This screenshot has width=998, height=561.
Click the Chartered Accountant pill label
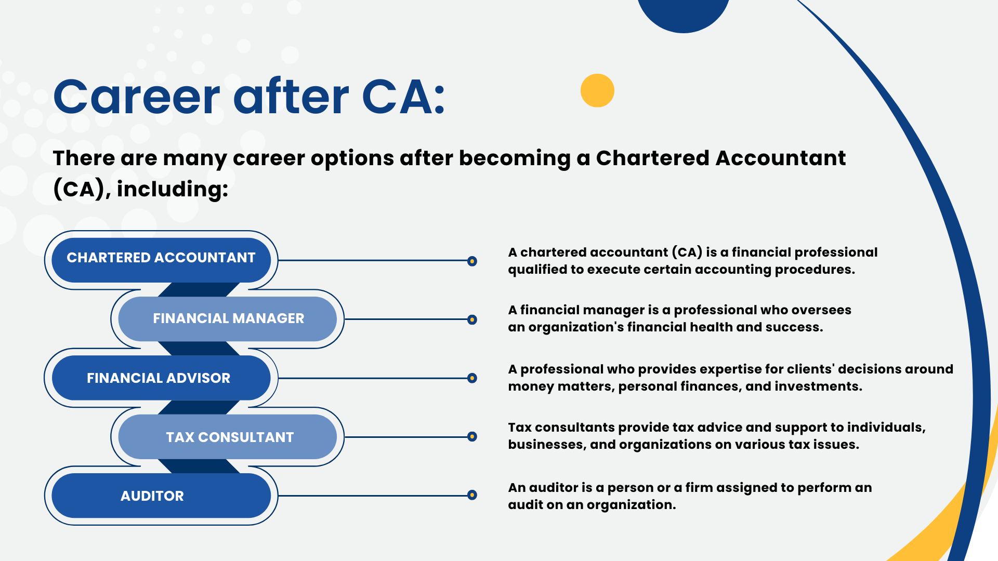(161, 258)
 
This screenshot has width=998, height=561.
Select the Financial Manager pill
(228, 319)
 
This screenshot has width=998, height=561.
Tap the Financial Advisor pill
(161, 378)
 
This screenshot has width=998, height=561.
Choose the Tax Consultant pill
(228, 437)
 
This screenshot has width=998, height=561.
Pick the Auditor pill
(161, 496)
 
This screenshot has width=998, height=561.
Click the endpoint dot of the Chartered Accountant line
(472, 261)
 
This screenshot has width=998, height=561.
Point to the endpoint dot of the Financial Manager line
(472, 319)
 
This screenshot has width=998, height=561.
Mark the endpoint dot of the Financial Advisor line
(472, 378)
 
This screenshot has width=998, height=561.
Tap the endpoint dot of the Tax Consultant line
(472, 437)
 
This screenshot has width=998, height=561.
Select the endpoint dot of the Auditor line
(472, 495)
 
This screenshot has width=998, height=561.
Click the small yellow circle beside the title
(597, 90)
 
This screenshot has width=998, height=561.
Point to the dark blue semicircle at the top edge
(683, 13)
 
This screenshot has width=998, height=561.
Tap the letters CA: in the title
(403, 97)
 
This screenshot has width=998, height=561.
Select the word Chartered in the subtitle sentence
(652, 158)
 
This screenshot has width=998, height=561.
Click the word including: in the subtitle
(173, 189)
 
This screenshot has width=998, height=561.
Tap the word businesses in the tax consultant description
(546, 445)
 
